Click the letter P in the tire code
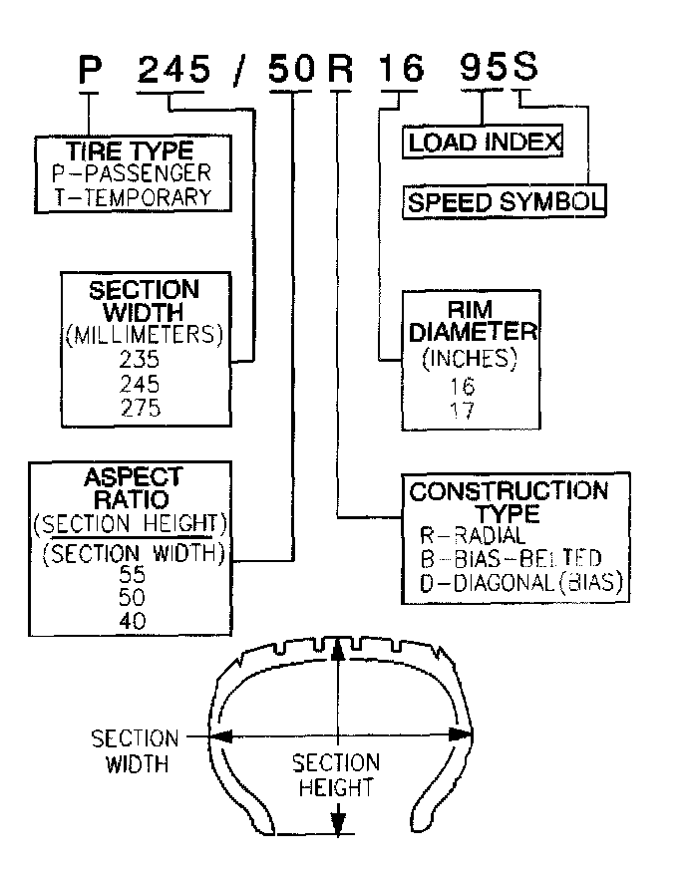(92, 71)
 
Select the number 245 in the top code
(174, 70)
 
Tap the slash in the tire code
(240, 71)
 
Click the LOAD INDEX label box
(485, 142)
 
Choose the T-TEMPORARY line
(133, 195)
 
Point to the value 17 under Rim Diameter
(463, 409)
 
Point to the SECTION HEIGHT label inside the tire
(335, 775)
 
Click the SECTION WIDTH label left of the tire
(135, 751)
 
